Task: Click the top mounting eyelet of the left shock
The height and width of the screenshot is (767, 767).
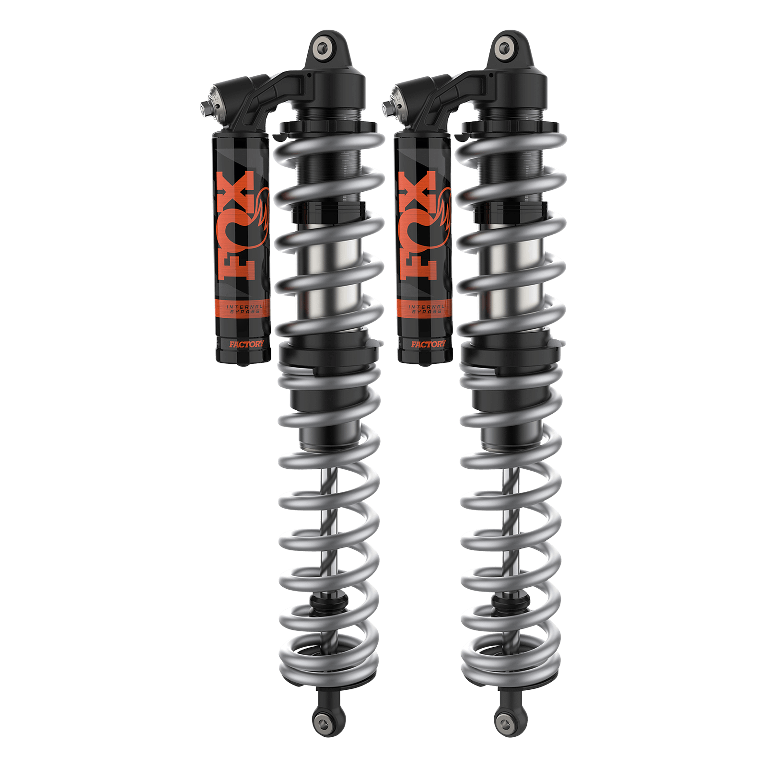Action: pyautogui.click(x=324, y=47)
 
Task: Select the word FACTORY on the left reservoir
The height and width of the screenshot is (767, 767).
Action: pyautogui.click(x=246, y=344)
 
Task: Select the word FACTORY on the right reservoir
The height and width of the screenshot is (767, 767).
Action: pyautogui.click(x=428, y=344)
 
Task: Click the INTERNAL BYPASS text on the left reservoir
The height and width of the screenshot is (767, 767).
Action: pyautogui.click(x=244, y=309)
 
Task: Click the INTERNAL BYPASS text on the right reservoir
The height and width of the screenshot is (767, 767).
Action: pyautogui.click(x=426, y=309)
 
